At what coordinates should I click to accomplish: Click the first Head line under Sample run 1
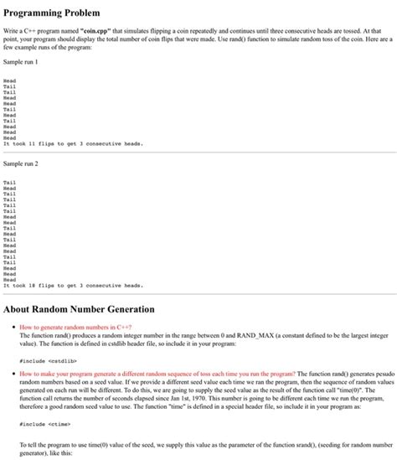tap(10, 80)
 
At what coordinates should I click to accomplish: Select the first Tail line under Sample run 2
tap(10, 182)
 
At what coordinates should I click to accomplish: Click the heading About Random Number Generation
tap(79, 309)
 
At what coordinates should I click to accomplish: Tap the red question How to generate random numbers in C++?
tap(75, 327)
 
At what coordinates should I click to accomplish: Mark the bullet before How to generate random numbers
tap(12, 327)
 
